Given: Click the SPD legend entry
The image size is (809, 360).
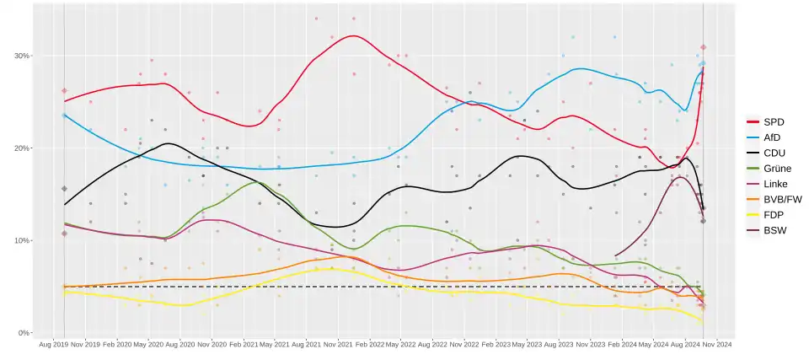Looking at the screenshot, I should pyautogui.click(x=773, y=122).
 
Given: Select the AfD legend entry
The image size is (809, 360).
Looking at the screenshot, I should pyautogui.click(x=773, y=137).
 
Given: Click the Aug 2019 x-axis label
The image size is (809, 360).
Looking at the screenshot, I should pyautogui.click(x=52, y=345).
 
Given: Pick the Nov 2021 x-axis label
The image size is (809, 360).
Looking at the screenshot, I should pyautogui.click(x=337, y=345).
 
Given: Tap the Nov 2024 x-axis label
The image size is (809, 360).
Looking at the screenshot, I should pyautogui.click(x=716, y=345).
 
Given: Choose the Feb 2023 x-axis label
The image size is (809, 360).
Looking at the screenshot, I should pyautogui.click(x=495, y=345).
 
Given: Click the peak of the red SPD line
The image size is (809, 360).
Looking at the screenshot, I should pyautogui.click(x=352, y=35).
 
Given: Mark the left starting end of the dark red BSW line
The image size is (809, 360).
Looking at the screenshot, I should pyautogui.click(x=615, y=255).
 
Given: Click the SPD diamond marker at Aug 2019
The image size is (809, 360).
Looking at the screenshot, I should pyautogui.click(x=64, y=91).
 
